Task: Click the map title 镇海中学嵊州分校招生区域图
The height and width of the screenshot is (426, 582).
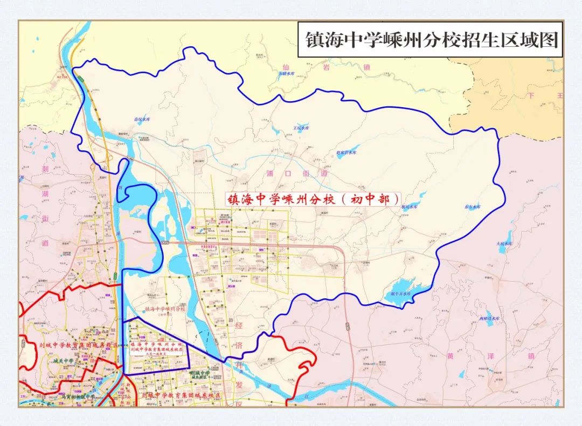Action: (x=430, y=40)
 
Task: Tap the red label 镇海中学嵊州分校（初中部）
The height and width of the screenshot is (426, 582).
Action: (x=313, y=200)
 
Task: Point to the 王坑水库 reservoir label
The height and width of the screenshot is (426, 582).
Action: (x=301, y=128)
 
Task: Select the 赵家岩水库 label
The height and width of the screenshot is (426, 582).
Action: (x=347, y=152)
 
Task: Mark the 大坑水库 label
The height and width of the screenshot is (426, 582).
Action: (x=506, y=244)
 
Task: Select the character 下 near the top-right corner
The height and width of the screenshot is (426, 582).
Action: (x=533, y=96)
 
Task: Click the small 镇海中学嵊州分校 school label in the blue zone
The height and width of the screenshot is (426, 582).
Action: (x=165, y=309)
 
